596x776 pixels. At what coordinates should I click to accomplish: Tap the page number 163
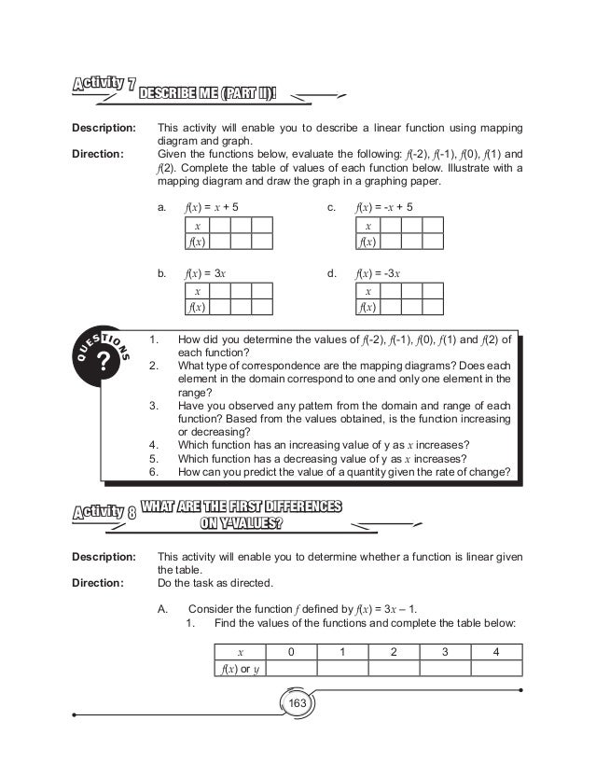click(298, 702)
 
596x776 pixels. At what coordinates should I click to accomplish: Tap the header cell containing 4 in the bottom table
click(495, 651)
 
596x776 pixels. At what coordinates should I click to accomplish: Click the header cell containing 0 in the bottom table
click(291, 651)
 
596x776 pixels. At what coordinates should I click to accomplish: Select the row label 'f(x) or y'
click(240, 668)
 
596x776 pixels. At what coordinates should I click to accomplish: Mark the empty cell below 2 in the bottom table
click(393, 668)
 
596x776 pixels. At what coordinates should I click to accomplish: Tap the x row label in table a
click(196, 226)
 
